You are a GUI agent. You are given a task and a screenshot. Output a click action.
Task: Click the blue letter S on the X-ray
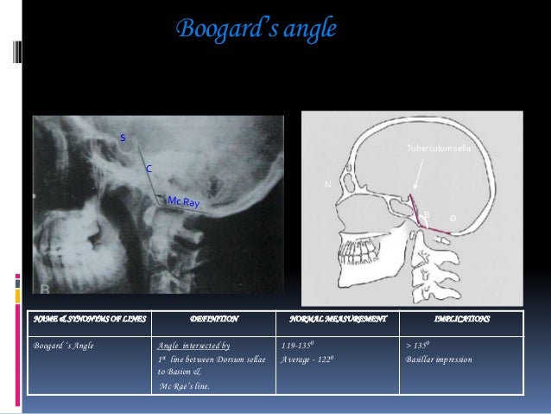tap(122, 138)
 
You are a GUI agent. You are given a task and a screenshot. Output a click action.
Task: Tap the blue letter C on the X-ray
tap(148, 169)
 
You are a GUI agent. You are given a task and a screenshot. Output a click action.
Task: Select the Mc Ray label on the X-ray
tap(183, 201)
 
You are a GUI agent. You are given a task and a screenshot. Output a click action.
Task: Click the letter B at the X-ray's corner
tap(43, 287)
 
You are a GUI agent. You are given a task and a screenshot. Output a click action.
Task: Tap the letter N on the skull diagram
tap(327, 184)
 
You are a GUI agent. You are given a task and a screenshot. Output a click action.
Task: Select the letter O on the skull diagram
tap(453, 219)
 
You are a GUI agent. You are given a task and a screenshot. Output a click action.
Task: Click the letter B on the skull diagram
tap(426, 213)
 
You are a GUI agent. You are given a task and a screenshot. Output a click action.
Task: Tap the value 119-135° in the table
tap(295, 345)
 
